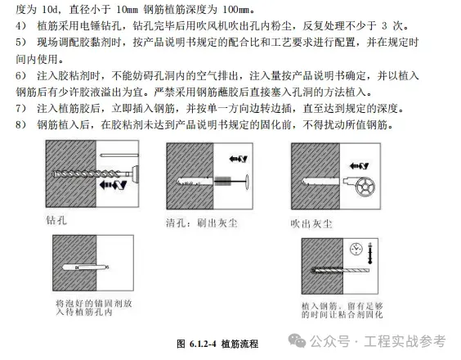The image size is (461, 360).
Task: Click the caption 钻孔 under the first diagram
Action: (56, 220)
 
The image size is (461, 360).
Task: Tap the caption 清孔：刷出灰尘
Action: (201, 223)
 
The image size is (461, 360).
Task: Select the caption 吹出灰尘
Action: (311, 224)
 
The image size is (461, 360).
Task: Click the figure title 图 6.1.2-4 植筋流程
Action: (217, 344)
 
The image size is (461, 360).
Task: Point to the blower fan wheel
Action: (365, 187)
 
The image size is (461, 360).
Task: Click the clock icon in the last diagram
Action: (356, 249)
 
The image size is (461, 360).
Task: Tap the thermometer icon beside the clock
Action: (369, 253)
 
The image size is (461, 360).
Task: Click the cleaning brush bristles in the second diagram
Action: (223, 181)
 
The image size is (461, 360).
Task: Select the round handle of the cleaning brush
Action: (247, 182)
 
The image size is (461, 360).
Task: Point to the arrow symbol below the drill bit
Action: (113, 185)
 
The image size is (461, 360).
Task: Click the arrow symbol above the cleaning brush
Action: (238, 159)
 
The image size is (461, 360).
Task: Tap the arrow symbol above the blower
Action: (359, 166)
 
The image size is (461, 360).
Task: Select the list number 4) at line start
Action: (21, 26)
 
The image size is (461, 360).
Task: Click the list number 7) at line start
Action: (21, 108)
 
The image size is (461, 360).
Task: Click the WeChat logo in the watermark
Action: (297, 340)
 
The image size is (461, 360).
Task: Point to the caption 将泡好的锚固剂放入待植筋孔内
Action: (94, 308)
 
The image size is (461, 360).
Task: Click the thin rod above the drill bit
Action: (119, 155)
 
